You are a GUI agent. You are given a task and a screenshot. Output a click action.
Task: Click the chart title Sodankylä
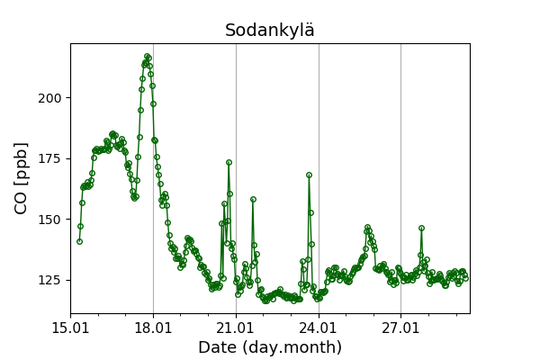[270, 30]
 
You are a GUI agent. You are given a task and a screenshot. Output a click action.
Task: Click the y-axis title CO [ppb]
[22, 178]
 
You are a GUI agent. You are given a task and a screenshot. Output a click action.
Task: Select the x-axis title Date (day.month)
[270, 347]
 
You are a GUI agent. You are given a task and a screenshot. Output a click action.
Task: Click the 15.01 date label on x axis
[71, 328]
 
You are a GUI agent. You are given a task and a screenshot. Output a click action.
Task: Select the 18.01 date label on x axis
[153, 328]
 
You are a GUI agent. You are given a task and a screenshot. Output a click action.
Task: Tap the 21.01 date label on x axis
[236, 328]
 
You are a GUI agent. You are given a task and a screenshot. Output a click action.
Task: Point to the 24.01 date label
[319, 328]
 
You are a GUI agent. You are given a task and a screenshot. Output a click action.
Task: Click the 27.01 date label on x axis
[400, 328]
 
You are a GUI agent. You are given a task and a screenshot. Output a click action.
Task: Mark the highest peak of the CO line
[147, 57]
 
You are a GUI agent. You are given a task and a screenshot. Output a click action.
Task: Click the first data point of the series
[79, 241]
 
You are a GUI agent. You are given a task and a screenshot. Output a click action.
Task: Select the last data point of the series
[465, 278]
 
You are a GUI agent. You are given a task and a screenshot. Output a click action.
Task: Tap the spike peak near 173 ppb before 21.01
[229, 162]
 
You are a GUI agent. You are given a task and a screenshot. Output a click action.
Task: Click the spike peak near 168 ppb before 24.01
[309, 175]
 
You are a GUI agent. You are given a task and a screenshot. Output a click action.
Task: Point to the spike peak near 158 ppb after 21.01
[253, 199]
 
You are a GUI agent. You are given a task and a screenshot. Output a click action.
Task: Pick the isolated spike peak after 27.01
[421, 228]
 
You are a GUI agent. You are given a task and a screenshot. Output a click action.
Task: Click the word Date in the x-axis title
[218, 347]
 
